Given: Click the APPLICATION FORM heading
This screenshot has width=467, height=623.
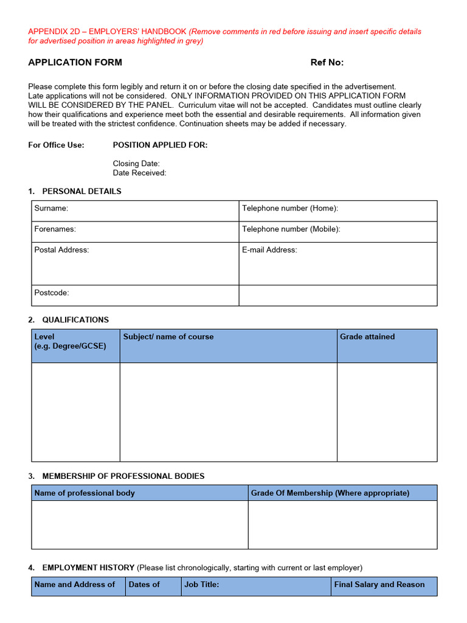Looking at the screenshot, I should tap(75, 62).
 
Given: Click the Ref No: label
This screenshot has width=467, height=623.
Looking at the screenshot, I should tap(327, 62).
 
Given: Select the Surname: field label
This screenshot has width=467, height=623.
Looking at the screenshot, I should tap(51, 208).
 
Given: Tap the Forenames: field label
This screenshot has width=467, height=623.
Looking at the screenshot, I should tap(55, 229).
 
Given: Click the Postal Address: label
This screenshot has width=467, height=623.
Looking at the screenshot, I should tap(61, 249).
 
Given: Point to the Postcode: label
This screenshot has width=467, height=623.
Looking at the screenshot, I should tap(52, 293).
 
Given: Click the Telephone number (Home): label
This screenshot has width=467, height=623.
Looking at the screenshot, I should tap(289, 208).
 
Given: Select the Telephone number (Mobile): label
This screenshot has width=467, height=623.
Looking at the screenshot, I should tap(291, 229).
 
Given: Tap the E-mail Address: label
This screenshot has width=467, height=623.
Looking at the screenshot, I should tap(269, 249).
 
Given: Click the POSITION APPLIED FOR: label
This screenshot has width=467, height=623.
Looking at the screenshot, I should tap(160, 145).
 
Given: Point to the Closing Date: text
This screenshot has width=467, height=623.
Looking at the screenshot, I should tap(136, 164).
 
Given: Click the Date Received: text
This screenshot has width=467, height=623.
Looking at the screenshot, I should tap(139, 173).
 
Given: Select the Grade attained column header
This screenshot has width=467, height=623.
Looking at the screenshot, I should tap(367, 336).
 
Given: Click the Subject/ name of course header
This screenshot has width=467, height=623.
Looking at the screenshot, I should tap(168, 336).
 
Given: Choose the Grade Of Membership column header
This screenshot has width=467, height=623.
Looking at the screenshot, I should tap(330, 493).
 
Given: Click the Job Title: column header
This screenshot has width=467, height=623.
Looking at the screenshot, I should tap(202, 584).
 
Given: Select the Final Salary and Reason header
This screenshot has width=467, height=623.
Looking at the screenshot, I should tap(379, 584).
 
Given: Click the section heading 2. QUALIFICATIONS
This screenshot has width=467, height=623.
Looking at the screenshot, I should tap(69, 319).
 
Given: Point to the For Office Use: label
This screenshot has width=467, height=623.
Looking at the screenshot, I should tap(57, 145).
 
